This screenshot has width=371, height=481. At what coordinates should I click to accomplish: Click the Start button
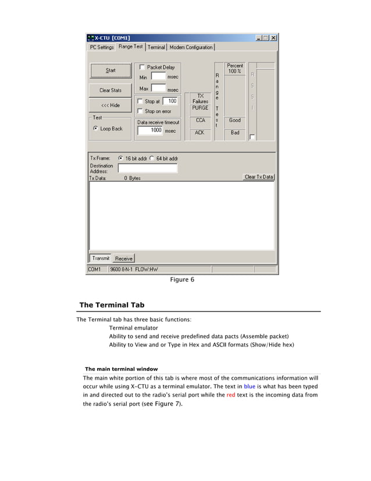[110, 70]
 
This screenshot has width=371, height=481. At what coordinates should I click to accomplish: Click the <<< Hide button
[110, 105]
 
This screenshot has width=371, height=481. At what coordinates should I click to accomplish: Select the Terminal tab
[156, 47]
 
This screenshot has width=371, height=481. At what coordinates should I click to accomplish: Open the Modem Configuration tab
[191, 47]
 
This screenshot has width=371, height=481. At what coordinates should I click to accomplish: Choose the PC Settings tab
[102, 47]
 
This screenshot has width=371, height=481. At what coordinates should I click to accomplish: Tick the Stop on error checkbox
[140, 111]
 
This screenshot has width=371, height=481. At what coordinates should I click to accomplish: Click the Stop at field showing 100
[170, 101]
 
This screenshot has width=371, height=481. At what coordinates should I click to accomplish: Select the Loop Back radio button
[95, 129]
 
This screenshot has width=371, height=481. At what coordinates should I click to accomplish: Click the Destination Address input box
[148, 168]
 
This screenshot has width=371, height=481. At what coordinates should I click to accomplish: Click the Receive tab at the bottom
[123, 259]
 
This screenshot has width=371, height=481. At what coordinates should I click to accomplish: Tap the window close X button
[273, 38]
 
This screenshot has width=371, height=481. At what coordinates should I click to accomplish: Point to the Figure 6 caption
[182, 280]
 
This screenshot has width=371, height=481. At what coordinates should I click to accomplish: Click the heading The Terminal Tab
[112, 305]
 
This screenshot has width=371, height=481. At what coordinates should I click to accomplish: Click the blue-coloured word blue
[249, 386]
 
